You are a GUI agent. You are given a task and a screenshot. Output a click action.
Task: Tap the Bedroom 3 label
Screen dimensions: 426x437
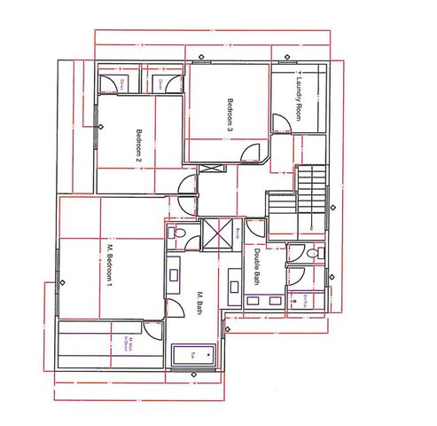coord(230,114)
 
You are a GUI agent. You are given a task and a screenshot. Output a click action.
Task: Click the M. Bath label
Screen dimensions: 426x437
coord(200,303)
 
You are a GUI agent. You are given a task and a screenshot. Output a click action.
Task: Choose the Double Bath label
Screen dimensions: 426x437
coord(256,266)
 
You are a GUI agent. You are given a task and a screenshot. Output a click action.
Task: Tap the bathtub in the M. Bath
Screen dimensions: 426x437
coord(192,355)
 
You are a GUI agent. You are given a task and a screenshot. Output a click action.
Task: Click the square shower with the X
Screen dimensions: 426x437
coord(215,234)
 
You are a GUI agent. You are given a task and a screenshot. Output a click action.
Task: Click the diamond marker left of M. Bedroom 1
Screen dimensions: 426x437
coord(61,284)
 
